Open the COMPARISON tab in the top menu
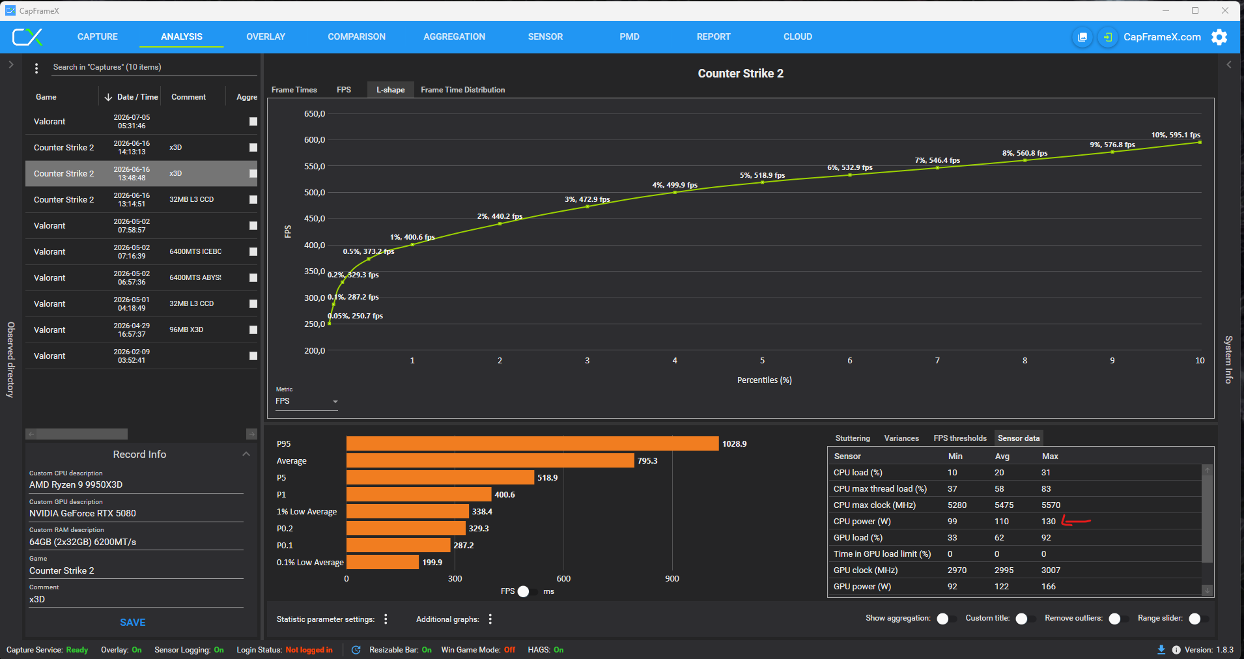(x=356, y=36)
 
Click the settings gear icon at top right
(x=1219, y=37)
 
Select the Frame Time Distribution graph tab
(x=462, y=90)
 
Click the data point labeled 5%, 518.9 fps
(x=762, y=182)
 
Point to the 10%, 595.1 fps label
(x=1176, y=135)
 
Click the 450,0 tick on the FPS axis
(x=315, y=219)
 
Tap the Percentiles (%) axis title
(x=764, y=380)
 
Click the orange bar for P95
(x=532, y=443)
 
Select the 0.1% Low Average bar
(x=382, y=562)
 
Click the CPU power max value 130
(x=1048, y=522)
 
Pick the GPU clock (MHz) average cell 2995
(x=1004, y=570)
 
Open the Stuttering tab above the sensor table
(x=853, y=438)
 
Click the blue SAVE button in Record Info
(x=133, y=623)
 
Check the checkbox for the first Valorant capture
(x=253, y=122)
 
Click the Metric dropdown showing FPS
(x=306, y=401)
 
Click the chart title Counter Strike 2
(x=741, y=74)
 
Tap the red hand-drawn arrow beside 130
(x=1076, y=521)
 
